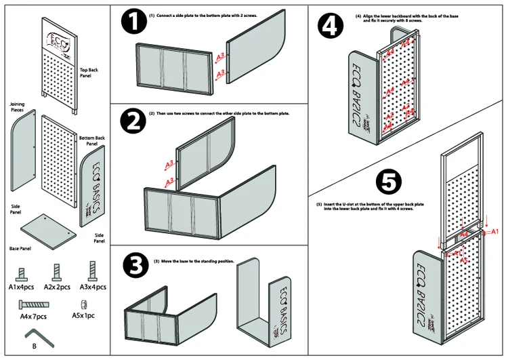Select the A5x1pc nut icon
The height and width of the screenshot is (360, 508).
[x=85, y=302]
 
